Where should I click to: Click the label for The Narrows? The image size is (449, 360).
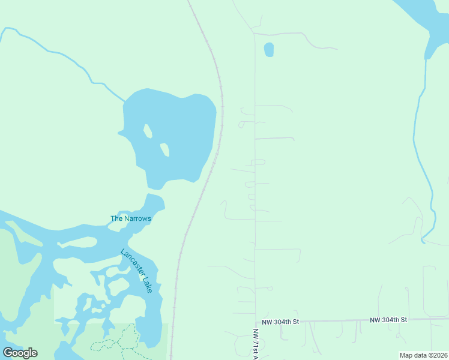tap(130, 218)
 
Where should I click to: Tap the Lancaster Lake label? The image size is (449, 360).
tap(137, 271)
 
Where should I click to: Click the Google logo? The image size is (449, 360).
tap(20, 352)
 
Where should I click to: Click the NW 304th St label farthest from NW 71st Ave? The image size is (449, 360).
tap(388, 320)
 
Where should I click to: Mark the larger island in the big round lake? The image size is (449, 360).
tap(148, 130)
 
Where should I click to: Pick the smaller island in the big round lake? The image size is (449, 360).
tap(164, 149)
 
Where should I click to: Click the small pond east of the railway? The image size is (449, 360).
tap(268, 49)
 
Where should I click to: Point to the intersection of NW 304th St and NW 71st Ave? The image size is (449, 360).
tap(255, 322)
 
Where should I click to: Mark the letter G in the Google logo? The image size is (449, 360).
tap(8, 352)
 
